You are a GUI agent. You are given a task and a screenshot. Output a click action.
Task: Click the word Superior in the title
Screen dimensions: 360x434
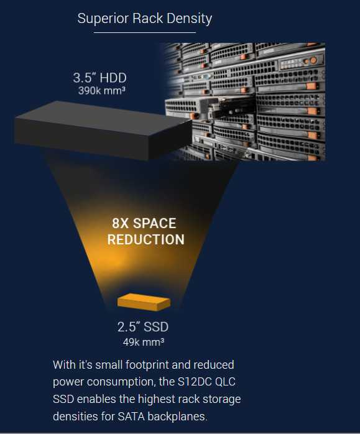click(x=103, y=19)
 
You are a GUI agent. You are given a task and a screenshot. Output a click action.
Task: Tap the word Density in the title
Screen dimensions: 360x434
click(x=189, y=19)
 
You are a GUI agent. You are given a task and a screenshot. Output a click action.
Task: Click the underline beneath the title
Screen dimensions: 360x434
click(x=145, y=33)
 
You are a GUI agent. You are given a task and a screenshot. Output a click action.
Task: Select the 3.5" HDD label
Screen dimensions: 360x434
click(x=100, y=78)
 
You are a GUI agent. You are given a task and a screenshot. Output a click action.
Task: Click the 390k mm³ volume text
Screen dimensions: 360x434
click(x=102, y=91)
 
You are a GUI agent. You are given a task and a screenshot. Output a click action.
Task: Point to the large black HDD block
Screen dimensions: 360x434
click(x=103, y=130)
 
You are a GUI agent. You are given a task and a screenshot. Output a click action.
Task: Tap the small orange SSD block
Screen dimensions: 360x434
click(x=144, y=302)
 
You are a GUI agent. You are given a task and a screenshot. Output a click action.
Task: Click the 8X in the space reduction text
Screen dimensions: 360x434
click(x=121, y=223)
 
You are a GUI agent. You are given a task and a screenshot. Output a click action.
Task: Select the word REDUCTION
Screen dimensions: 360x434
click(x=146, y=239)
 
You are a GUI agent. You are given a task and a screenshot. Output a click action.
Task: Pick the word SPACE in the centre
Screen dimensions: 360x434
click(x=154, y=223)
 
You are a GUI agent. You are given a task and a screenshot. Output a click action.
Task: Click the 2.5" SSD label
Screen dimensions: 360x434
click(x=143, y=327)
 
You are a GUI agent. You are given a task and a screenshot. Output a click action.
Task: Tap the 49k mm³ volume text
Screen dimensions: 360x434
click(x=144, y=342)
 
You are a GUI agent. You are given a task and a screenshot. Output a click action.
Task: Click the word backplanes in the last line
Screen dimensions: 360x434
click(x=177, y=417)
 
